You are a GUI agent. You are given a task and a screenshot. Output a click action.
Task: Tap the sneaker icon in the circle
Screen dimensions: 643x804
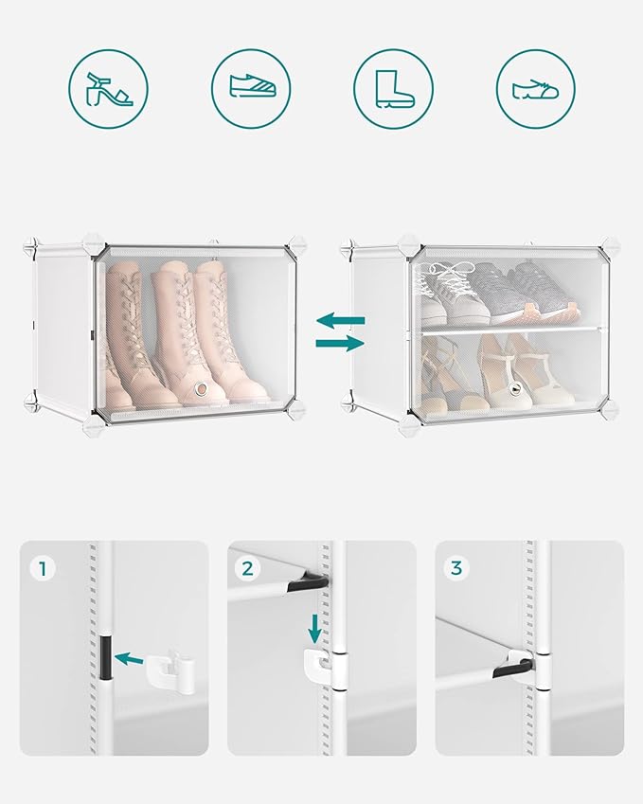click(x=251, y=85)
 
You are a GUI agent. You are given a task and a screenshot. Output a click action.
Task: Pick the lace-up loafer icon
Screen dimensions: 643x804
click(x=536, y=89)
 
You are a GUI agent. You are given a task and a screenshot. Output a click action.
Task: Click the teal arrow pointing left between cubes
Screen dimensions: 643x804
click(x=340, y=321)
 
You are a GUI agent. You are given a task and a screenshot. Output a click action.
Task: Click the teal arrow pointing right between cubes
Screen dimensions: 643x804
click(x=340, y=343)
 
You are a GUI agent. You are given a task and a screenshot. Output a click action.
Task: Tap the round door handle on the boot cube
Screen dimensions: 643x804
click(x=203, y=389)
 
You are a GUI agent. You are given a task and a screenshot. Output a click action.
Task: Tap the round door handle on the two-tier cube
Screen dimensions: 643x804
click(x=516, y=391)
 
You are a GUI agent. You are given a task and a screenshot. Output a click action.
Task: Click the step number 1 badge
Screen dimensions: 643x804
click(x=43, y=568)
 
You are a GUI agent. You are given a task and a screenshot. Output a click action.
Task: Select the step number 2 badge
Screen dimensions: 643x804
click(x=248, y=568)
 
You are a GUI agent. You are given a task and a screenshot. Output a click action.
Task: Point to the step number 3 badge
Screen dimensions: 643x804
click(x=455, y=568)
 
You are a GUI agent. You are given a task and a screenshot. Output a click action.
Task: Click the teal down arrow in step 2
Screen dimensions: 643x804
click(x=314, y=628)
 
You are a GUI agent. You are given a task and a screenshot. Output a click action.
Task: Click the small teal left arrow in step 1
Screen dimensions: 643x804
click(x=128, y=659)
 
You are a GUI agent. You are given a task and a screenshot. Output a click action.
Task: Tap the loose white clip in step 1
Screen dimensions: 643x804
click(x=171, y=671)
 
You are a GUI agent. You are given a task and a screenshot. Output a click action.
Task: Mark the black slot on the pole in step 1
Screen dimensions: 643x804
click(x=105, y=658)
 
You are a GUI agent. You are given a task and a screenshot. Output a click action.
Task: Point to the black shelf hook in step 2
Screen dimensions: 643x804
click(x=309, y=583)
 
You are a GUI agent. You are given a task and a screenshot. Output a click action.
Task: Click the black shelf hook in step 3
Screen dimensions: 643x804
click(x=512, y=668)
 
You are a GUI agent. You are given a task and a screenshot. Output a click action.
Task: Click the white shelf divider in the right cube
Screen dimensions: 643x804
click(x=510, y=330)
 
